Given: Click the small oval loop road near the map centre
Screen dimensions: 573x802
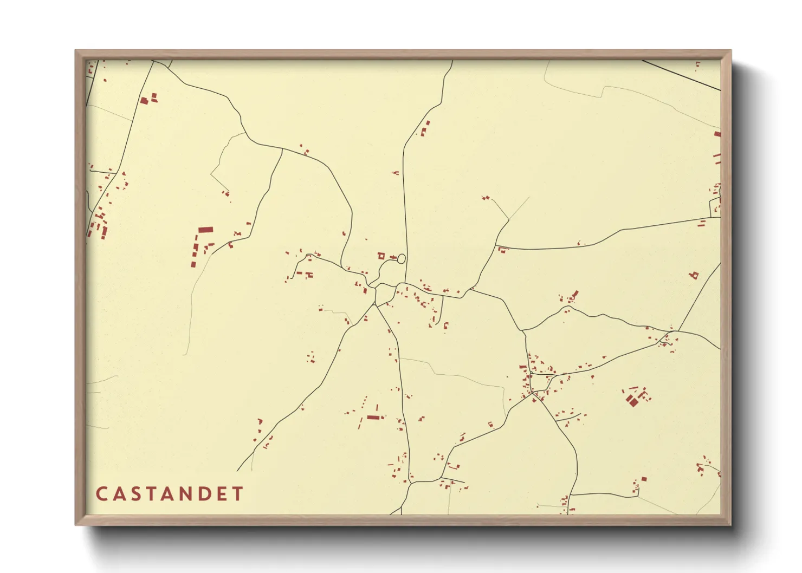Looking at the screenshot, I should tap(402, 259).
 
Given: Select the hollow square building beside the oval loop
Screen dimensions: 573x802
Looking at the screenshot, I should tap(381, 256).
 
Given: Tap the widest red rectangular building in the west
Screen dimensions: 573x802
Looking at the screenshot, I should tap(205, 230).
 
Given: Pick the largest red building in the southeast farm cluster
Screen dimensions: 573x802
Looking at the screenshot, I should tap(631, 401).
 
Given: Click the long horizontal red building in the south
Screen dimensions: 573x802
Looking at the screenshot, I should tap(374, 418).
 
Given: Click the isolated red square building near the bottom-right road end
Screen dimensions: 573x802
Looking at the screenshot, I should tap(644, 479).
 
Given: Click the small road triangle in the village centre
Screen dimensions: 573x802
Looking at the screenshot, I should tap(384, 294).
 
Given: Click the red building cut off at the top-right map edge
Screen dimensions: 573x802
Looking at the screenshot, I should tap(717, 134).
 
